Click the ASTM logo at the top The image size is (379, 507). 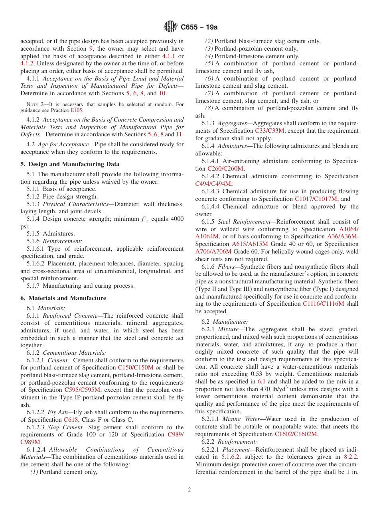click(171, 27)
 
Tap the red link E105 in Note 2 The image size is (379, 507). click(77, 110)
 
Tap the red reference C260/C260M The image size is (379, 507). click(225, 169)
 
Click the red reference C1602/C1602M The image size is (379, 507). click(296, 434)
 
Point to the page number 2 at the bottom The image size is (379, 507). click(189, 490)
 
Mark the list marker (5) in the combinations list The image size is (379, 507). click(209, 63)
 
